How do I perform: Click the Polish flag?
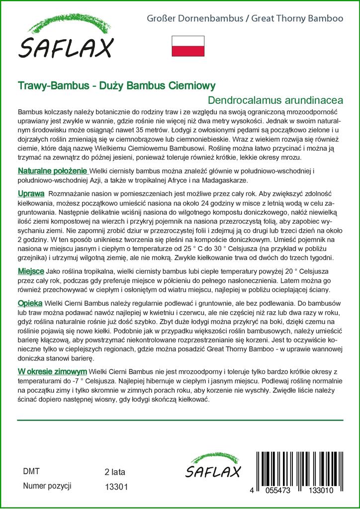pos(187,46)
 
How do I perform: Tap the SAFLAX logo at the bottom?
pos(213,467)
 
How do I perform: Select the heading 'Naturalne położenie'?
pos(52,171)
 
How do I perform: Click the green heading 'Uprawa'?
pos(31,193)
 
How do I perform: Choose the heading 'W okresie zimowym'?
pos(53,371)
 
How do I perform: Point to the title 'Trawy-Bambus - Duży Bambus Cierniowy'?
pos(116,85)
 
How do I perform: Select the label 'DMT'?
pos(31,471)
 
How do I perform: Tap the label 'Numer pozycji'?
pos(47,486)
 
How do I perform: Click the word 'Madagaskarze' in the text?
pos(221,180)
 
